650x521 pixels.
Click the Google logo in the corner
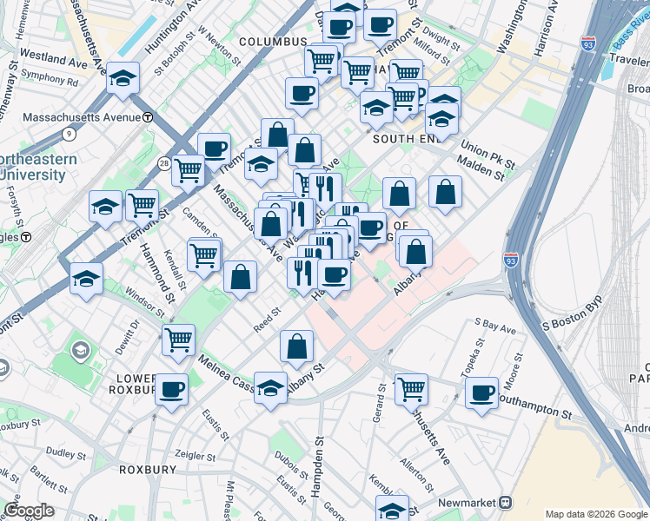pos(29,511)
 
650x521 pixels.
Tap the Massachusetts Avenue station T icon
pos(149,117)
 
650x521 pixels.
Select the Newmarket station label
pos(468,503)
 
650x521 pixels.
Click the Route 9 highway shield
pos(69,133)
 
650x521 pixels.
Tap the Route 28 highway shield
pos(164,163)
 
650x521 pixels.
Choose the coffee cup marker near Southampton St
pos(481,392)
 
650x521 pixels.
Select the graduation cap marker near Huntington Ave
pos(123,79)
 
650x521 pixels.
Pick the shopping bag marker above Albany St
pos(297,346)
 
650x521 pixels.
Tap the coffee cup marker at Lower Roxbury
pos(172,387)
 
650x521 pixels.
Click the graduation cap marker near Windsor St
pos(87,278)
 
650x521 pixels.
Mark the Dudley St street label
pos(62,452)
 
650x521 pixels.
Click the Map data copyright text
pos(596,513)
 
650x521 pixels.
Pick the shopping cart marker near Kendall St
pos(204,255)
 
